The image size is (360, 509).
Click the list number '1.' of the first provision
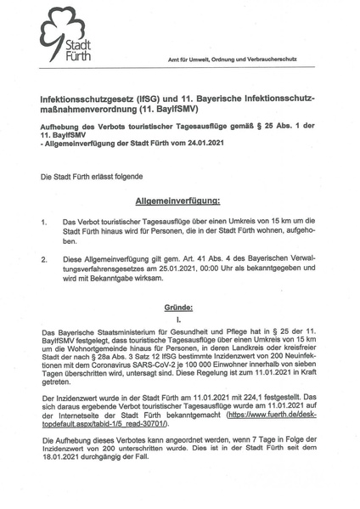pyautogui.click(x=44, y=223)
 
